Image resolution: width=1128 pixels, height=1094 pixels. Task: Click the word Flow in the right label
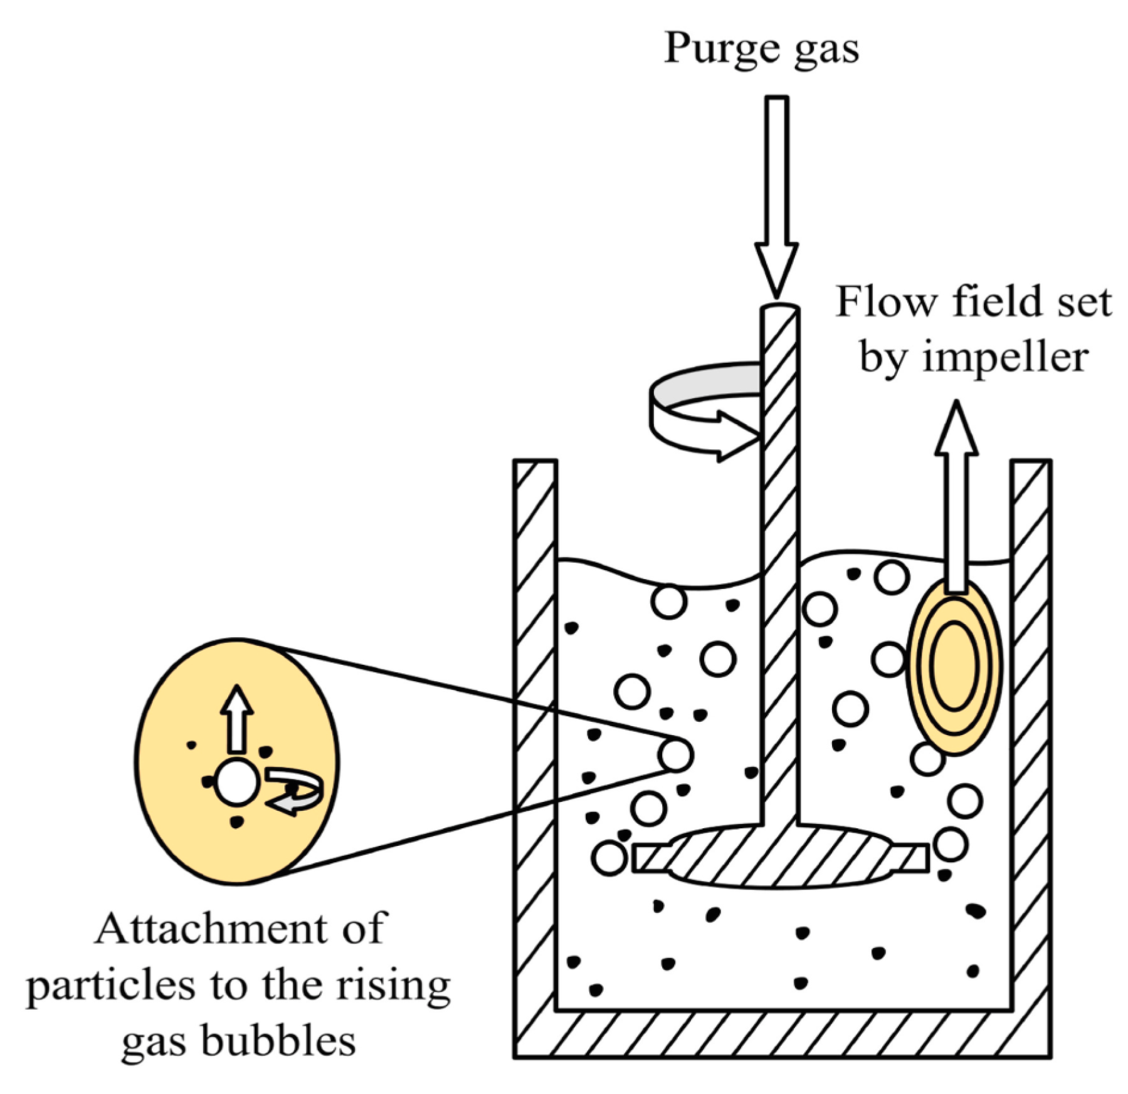tap(887, 302)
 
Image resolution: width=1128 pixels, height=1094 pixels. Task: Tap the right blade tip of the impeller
tap(917, 857)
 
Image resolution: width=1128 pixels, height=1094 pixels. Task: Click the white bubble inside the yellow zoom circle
tap(236, 782)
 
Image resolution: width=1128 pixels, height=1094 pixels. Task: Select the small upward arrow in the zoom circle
tap(236, 717)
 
